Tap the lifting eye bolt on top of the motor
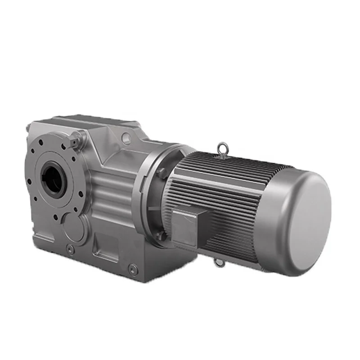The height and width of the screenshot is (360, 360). pyautogui.click(x=221, y=148)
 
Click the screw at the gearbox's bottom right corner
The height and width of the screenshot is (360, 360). pyautogui.click(x=131, y=269)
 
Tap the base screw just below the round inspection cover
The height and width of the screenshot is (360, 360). pyautogui.click(x=69, y=248)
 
